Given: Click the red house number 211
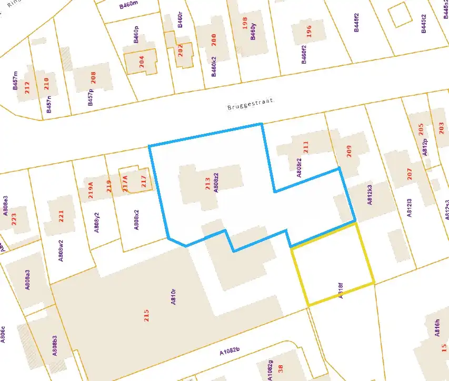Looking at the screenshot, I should pos(305,147).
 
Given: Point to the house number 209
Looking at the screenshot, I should pos(349,151).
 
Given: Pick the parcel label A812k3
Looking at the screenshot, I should pos(370,195).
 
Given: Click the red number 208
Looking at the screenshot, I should pos(94,78).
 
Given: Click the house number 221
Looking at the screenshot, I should pos(61,216).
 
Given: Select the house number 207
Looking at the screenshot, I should pos(410,174).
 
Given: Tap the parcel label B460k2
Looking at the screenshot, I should pos(214,67).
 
